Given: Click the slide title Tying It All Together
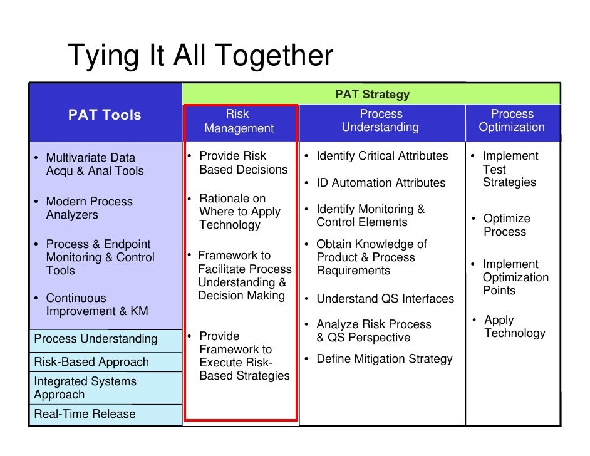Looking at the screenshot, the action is click(200, 56).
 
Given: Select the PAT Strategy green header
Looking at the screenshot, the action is click(372, 95).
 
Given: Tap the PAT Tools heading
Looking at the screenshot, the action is click(105, 115).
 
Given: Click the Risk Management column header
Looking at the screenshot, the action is click(239, 122).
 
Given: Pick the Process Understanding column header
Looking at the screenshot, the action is click(381, 121).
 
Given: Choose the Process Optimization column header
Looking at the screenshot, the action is click(512, 121).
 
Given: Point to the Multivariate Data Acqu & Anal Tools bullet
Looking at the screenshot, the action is click(94, 165).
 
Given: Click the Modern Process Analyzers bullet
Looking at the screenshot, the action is click(89, 209).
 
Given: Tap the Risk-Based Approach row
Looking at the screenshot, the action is click(91, 362).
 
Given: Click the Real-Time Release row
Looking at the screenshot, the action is click(85, 414).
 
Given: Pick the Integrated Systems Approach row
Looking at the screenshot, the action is click(85, 388).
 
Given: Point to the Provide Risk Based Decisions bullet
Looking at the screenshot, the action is click(242, 163).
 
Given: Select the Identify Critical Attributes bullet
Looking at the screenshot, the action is click(381, 156).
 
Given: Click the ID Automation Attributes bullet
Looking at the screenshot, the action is click(380, 183).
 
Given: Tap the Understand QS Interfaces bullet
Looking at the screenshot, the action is click(385, 299).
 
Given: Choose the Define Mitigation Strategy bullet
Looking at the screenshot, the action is click(383, 359).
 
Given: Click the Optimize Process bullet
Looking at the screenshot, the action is click(506, 225).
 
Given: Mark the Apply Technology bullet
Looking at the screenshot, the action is click(513, 327).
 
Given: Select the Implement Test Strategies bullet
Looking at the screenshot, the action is click(509, 169).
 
